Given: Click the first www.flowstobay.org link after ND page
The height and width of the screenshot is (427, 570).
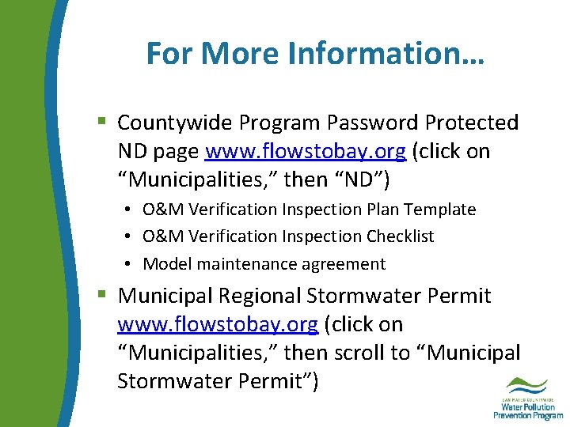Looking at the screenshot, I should pyautogui.click(x=306, y=151).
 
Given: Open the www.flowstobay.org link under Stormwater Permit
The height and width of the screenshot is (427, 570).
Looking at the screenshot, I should pyautogui.click(x=218, y=324).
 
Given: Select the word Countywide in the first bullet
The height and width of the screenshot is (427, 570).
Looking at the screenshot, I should pyautogui.click(x=175, y=123).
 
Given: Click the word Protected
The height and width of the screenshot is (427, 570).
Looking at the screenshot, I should pyautogui.click(x=472, y=123).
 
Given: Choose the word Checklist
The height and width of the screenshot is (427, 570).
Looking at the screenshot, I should pyautogui.click(x=400, y=236).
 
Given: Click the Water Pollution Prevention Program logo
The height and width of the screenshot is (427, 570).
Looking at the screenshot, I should pyautogui.click(x=528, y=398).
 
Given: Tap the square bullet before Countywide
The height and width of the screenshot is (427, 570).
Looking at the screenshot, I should pyautogui.click(x=101, y=122).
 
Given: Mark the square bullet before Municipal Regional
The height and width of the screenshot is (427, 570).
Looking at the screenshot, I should pyautogui.click(x=101, y=295).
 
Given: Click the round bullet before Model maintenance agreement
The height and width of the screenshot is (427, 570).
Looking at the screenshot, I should pyautogui.click(x=127, y=264).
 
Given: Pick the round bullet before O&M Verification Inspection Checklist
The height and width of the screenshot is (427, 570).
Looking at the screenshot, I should pyautogui.click(x=127, y=236).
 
